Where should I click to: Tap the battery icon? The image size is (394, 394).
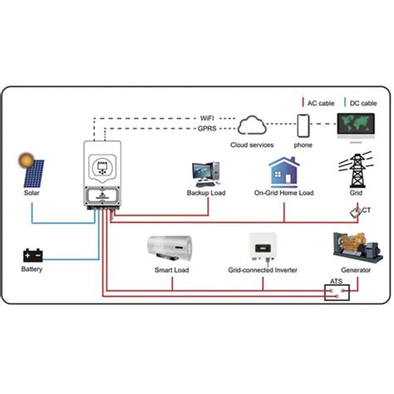tap(32, 255)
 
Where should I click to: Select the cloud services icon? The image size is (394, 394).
tap(252, 126)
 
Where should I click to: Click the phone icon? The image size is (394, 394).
tap(303, 126)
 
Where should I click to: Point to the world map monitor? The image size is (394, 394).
tap(356, 127)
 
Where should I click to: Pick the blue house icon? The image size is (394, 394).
tap(284, 172)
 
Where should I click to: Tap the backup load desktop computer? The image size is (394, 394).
tap(206, 175)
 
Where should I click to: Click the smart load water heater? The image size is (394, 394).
tap(170, 249)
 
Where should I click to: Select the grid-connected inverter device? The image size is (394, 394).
tap(263, 247)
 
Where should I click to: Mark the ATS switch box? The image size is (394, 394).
tap(337, 293)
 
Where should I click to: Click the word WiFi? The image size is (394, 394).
tap(207, 118)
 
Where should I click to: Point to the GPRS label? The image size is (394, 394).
tap(207, 129)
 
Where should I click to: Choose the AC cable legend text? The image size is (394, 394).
tap(321, 103)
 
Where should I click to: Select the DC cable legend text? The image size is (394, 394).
tap(363, 103)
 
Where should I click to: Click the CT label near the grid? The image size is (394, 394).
tap(367, 210)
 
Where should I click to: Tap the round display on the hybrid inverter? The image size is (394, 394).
tap(102, 167)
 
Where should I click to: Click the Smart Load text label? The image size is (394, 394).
tap(172, 270)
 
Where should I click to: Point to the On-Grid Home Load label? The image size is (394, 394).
tap(284, 193)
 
